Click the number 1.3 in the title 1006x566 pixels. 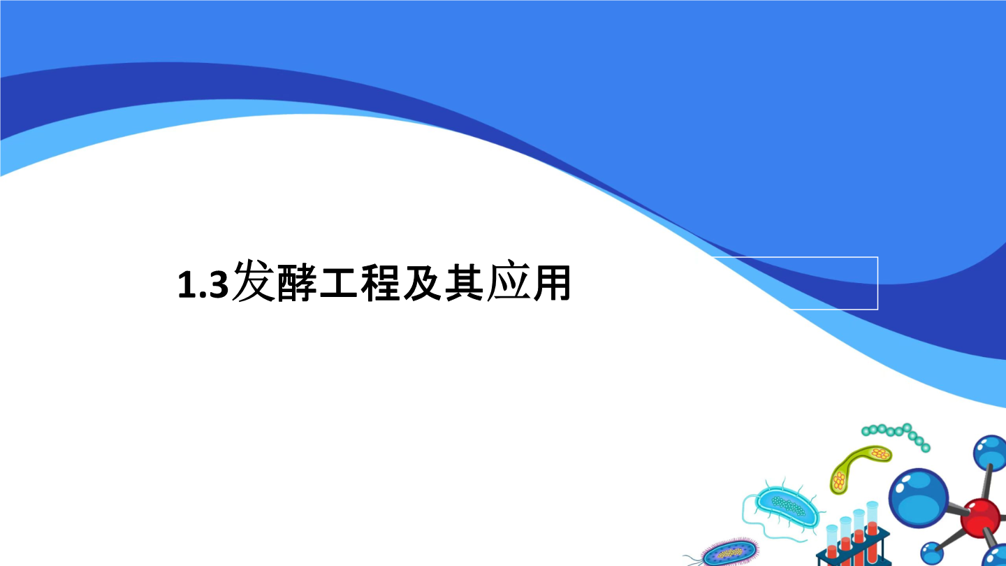pos(203,284)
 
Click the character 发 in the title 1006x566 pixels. pos(254,281)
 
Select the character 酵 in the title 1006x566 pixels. pos(297,283)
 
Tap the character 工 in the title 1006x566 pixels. pos(338,283)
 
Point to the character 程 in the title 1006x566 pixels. pos(380,283)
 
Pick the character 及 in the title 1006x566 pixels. pos(422,283)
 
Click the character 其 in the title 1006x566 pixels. pos(465,283)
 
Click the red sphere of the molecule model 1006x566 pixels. pos(980,518)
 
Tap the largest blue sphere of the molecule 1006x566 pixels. pos(919,498)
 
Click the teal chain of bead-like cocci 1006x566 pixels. pos(896,434)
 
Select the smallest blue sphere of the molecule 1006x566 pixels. pos(932,553)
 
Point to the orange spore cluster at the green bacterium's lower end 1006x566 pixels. pos(838,481)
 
